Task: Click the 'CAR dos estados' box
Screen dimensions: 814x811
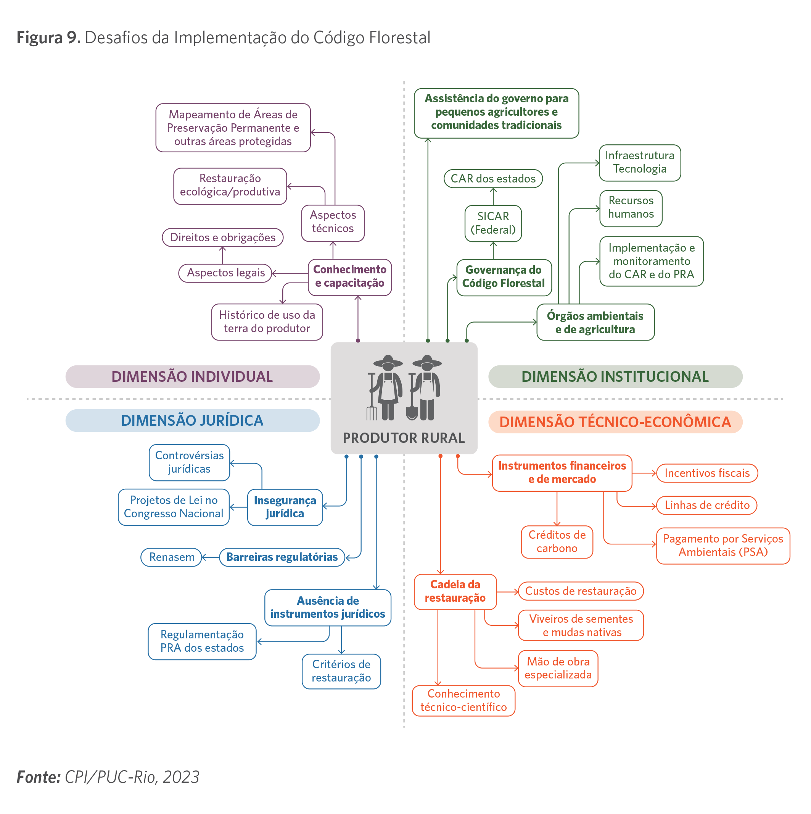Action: (493, 179)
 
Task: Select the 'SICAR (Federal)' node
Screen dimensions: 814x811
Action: (493, 223)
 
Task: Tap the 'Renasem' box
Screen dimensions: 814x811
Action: (171, 557)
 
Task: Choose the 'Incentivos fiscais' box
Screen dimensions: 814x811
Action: (706, 473)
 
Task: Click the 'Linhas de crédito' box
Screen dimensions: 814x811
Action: (706, 505)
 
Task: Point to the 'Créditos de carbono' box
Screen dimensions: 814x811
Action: (557, 541)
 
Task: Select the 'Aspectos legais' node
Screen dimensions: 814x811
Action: (225, 273)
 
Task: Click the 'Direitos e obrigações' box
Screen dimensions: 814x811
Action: (222, 237)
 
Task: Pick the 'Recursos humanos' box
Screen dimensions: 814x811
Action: (631, 208)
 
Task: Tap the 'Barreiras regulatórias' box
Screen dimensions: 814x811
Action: (282, 557)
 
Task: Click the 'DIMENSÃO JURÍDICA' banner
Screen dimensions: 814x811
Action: (192, 420)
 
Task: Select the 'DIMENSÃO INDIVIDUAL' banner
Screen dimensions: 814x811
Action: (192, 377)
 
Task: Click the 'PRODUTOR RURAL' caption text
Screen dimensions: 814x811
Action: (403, 438)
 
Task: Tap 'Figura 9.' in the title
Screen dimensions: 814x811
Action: (48, 37)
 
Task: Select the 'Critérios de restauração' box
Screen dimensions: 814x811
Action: (341, 671)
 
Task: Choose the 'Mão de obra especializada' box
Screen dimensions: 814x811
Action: (558, 668)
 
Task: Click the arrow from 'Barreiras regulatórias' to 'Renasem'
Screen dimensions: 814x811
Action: (211, 557)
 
